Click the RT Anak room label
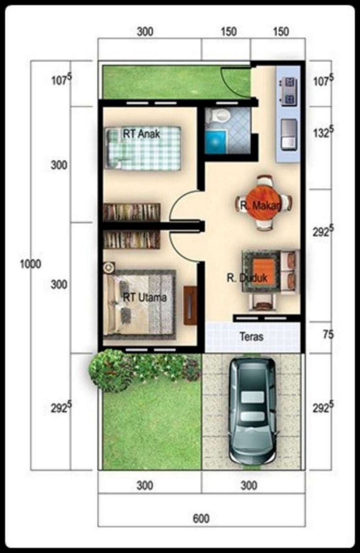[141, 134]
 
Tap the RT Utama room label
[145, 297]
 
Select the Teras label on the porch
[252, 337]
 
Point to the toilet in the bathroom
[221, 115]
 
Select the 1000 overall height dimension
[31, 264]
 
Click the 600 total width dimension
[201, 518]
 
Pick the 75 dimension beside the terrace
[328, 335]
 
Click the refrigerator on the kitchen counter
[289, 134]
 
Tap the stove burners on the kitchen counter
[289, 90]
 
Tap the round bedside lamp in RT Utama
[109, 267]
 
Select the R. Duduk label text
[246, 278]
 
